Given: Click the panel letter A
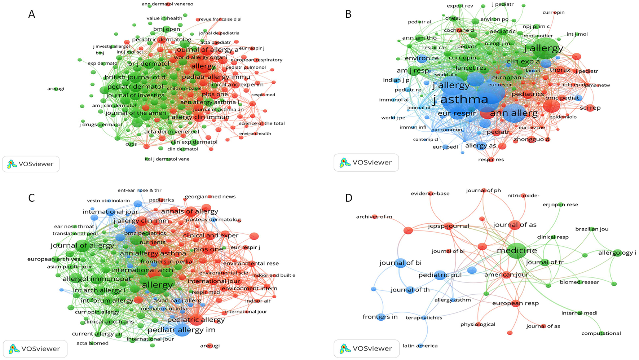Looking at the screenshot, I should tap(32, 14).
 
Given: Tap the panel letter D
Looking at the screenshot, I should tap(349, 198).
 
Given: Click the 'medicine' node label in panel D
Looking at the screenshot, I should tap(517, 250).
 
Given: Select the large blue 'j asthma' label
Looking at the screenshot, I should tap(460, 100).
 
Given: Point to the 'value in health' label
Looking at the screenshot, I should tap(164, 18).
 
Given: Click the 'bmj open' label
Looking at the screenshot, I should tap(167, 29).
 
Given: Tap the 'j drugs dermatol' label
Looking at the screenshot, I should tap(101, 124).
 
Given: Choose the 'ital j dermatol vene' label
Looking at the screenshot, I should tap(167, 159).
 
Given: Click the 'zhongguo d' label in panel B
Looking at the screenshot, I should tap(532, 139).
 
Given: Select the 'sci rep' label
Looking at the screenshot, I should tap(590, 107).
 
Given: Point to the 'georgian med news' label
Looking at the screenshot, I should tap(210, 197).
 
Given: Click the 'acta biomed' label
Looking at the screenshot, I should tap(92, 343).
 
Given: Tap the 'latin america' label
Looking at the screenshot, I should tap(420, 346).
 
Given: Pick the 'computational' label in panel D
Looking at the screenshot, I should tap(601, 333).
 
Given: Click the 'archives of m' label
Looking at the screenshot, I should tap(374, 217).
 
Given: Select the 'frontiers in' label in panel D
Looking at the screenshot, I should tap(380, 317).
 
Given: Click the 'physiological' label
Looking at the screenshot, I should tap(477, 324).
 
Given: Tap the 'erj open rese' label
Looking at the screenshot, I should tap(560, 205).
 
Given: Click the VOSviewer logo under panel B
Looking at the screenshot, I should tap(366, 162).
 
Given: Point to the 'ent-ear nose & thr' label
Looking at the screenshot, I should tap(139, 190).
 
